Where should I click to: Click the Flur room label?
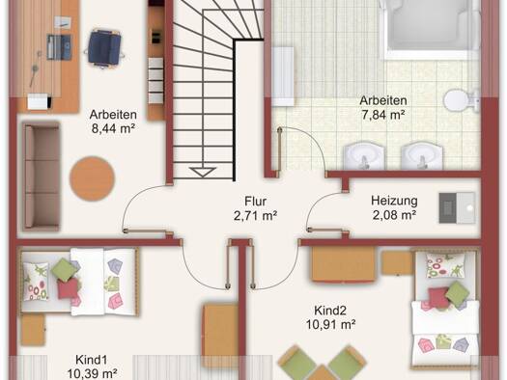256,202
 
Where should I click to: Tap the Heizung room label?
394,201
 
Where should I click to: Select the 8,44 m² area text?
113,128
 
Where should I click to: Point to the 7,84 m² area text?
383,115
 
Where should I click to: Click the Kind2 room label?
330,311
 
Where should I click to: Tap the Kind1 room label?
91,360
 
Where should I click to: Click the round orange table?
92,178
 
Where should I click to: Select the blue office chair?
104,49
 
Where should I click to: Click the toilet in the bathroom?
462,100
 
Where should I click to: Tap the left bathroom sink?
363,156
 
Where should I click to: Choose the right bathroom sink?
422,156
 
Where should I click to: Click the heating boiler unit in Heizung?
457,208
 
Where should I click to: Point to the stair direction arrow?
203,172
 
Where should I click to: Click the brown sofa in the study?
42,176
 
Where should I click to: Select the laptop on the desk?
59,47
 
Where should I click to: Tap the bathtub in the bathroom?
430,28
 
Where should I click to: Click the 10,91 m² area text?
331,324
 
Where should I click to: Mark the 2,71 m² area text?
256,215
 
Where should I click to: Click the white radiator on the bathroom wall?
283,76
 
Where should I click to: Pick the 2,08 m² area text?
394,214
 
